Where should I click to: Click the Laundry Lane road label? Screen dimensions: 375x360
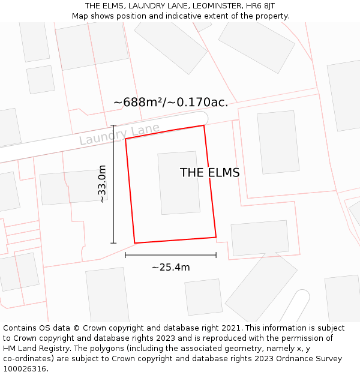tap(119, 134)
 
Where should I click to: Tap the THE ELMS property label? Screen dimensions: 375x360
tap(209, 173)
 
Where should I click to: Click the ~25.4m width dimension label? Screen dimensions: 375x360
tap(170, 268)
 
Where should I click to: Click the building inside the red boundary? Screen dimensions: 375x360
tap(179, 182)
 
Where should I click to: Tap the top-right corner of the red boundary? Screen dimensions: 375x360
tap(204, 125)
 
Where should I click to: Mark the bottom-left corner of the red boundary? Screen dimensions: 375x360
tap(134, 243)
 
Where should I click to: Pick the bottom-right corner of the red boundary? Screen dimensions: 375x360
tap(216, 237)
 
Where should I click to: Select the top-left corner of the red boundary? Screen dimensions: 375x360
tap(125, 139)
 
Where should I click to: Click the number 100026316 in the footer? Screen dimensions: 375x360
tap(25, 368)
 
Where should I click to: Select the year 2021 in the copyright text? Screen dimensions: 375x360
tap(231, 328)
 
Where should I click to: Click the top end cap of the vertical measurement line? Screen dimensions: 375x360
tap(113, 125)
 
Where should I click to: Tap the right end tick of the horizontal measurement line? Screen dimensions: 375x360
tap(216, 255)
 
